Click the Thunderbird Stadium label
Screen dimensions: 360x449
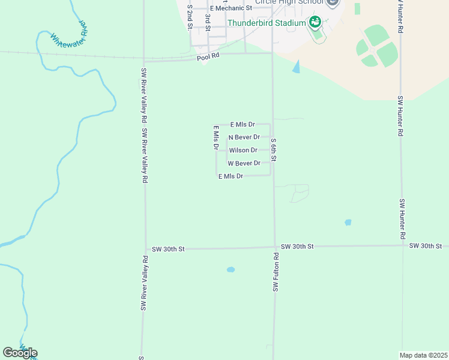(267, 23)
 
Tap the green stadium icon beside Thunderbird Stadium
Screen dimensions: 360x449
(315, 23)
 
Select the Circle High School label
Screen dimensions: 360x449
(289, 2)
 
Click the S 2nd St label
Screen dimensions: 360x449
(190, 17)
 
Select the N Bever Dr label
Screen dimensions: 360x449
(244, 137)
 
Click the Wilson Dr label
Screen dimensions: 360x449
(243, 150)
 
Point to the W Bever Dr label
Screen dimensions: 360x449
(244, 163)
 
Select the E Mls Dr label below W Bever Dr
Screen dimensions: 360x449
(231, 176)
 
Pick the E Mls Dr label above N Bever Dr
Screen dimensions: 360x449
(243, 125)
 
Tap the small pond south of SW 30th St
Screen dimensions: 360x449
(231, 269)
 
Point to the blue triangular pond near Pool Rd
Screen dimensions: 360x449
(297, 67)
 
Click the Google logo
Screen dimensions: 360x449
(20, 352)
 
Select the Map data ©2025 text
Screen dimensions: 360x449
(423, 355)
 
